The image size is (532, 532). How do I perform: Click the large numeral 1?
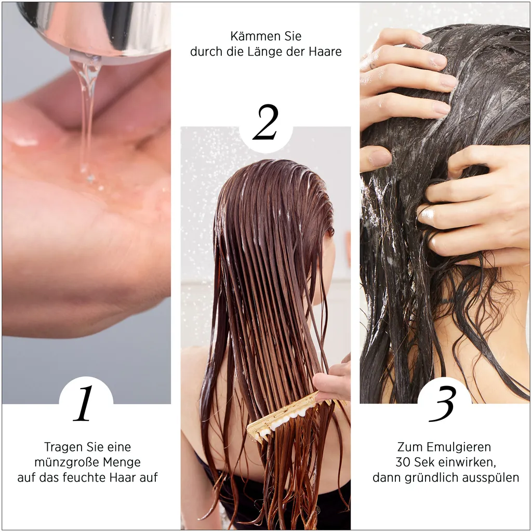tap(85, 404)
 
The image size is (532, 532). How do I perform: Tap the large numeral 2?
tap(265, 123)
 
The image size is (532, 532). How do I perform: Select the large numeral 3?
tap(443, 404)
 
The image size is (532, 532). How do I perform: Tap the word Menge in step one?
tap(121, 462)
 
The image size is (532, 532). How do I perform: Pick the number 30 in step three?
tap(403, 462)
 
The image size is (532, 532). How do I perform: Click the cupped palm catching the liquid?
tap(78, 177)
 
